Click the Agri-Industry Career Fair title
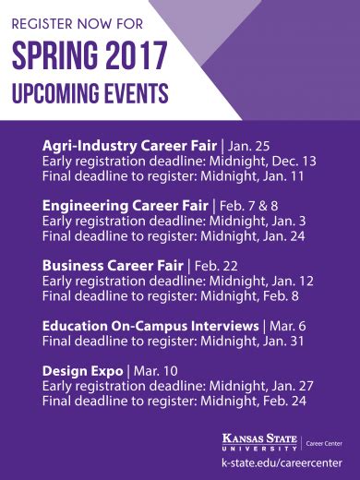[x=128, y=146]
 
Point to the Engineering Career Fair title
[x=126, y=206]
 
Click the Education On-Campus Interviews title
[x=150, y=326]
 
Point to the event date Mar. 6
[x=290, y=326]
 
